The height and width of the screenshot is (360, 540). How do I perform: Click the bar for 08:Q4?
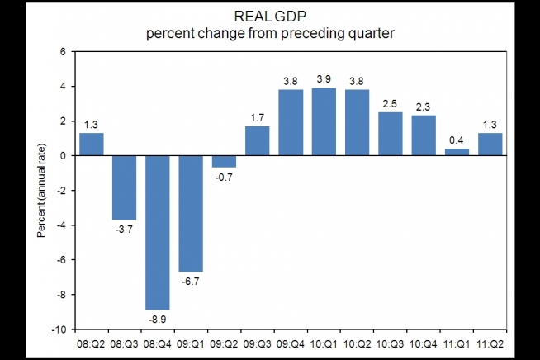pyautogui.click(x=158, y=232)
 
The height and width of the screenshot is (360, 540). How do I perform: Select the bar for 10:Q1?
pyautogui.click(x=324, y=121)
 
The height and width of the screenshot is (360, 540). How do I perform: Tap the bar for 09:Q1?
pyautogui.click(x=191, y=213)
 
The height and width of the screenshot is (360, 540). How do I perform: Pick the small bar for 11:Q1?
pyautogui.click(x=457, y=152)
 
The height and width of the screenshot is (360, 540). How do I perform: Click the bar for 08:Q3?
pyautogui.click(x=125, y=187)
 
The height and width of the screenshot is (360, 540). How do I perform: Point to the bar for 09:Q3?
pyautogui.click(x=257, y=140)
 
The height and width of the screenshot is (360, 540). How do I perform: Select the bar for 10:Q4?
pyautogui.click(x=424, y=135)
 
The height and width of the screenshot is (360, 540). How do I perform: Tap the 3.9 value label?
pyautogui.click(x=324, y=78)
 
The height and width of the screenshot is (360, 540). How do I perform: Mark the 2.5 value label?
pyautogui.click(x=391, y=102)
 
